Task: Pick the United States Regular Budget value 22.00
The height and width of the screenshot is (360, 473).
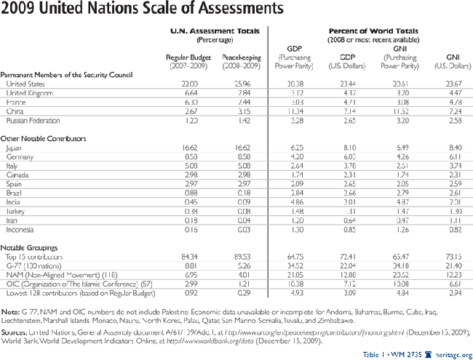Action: pyautogui.click(x=188, y=84)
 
